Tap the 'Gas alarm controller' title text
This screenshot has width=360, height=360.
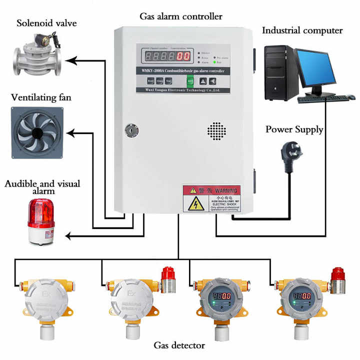[x=180, y=16]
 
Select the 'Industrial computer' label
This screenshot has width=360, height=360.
[x=302, y=30]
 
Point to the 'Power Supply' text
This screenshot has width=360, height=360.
[x=294, y=129]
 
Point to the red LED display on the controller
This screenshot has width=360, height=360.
[x=164, y=56]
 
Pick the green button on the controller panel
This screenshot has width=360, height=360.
[x=190, y=80]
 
